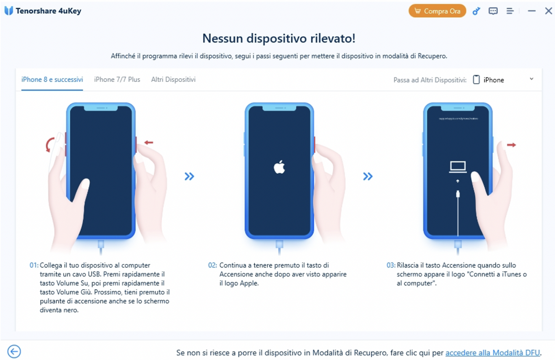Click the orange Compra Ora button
tap(437, 11)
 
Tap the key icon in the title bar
tap(476, 11)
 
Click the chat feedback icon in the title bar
tap(493, 11)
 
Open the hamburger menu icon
tap(510, 11)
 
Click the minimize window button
tap(531, 11)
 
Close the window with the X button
tap(548, 11)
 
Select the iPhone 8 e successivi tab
tap(52, 79)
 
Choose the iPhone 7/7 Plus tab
tap(117, 79)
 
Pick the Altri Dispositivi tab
tap(173, 79)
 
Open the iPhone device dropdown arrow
tap(531, 79)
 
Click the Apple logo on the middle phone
tap(279, 167)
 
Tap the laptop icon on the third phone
tap(457, 166)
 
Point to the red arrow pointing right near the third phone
tap(511, 145)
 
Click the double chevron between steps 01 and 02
tap(189, 176)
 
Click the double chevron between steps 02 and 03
tap(368, 176)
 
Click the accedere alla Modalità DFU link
tap(492, 353)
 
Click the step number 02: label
tap(212, 265)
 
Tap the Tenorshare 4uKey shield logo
tap(9, 11)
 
